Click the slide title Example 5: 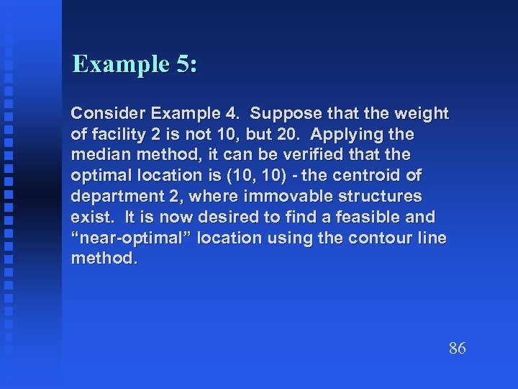click(135, 64)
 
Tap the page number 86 click(457, 349)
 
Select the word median click(96, 155)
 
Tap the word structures click(383, 196)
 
